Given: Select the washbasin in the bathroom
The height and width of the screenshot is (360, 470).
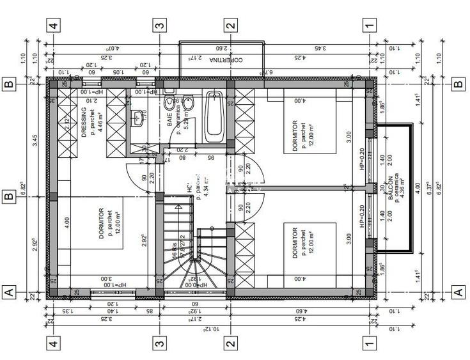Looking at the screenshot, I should click(138, 116).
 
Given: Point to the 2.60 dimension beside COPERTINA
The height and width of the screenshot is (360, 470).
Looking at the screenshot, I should click(221, 47).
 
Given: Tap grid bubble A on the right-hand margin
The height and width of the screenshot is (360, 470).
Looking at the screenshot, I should click(457, 292).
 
